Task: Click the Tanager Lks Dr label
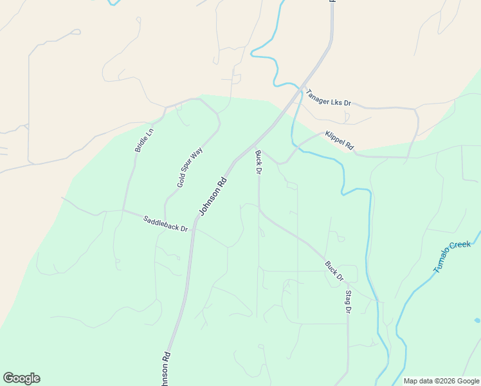328,97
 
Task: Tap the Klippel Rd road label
340,141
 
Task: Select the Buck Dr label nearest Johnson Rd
258,162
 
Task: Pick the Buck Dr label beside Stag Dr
334,270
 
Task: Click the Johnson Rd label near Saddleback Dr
213,196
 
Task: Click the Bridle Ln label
144,140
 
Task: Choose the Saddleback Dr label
165,224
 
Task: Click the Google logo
21,378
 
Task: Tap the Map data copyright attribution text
441,381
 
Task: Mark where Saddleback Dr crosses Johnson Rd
192,230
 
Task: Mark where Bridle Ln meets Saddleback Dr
123,210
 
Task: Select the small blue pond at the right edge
477,320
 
